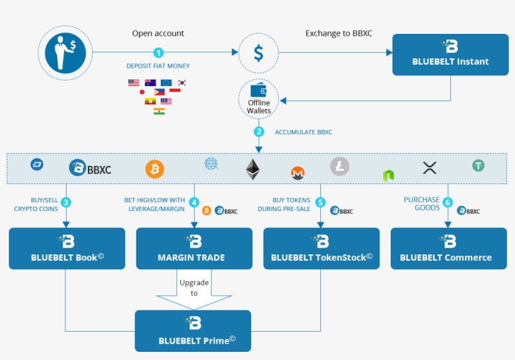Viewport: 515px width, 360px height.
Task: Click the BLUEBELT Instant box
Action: pyautogui.click(x=450, y=55)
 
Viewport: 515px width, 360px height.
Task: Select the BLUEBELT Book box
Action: pyautogui.click(x=67, y=249)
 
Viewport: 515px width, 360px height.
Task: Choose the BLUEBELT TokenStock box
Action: pyautogui.click(x=321, y=249)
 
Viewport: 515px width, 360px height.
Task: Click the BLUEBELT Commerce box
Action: pyautogui.click(x=448, y=249)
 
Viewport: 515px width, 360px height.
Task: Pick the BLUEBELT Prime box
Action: pyautogui.click(x=193, y=330)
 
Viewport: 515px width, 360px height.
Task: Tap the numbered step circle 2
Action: pyautogui.click(x=258, y=132)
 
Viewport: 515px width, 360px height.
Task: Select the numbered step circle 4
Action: pyautogui.click(x=194, y=202)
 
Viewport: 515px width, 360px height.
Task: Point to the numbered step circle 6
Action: pyautogui.click(x=448, y=202)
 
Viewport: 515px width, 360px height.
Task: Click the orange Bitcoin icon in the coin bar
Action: pyautogui.click(x=154, y=169)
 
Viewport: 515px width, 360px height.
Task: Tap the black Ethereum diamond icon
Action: pyautogui.click(x=252, y=169)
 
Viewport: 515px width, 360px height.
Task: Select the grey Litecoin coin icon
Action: pyautogui.click(x=340, y=166)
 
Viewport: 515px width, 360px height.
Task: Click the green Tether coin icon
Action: pyautogui.click(x=479, y=165)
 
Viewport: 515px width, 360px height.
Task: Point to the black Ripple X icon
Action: pyautogui.click(x=430, y=168)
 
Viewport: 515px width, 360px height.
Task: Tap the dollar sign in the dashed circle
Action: pyautogui.click(x=258, y=52)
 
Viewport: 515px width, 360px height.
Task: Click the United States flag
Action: pyautogui.click(x=133, y=82)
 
